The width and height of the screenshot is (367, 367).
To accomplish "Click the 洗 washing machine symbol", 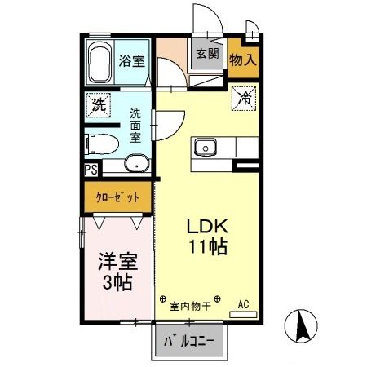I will pyautogui.click(x=98, y=104).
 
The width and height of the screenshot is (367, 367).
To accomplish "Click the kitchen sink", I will pyautogui.click(x=203, y=148).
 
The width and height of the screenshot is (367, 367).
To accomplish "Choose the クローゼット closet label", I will pyautogui.click(x=117, y=196).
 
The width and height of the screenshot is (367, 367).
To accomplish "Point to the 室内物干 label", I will pyautogui.click(x=189, y=307).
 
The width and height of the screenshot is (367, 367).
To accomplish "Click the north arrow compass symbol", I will pyautogui.click(x=299, y=327).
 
